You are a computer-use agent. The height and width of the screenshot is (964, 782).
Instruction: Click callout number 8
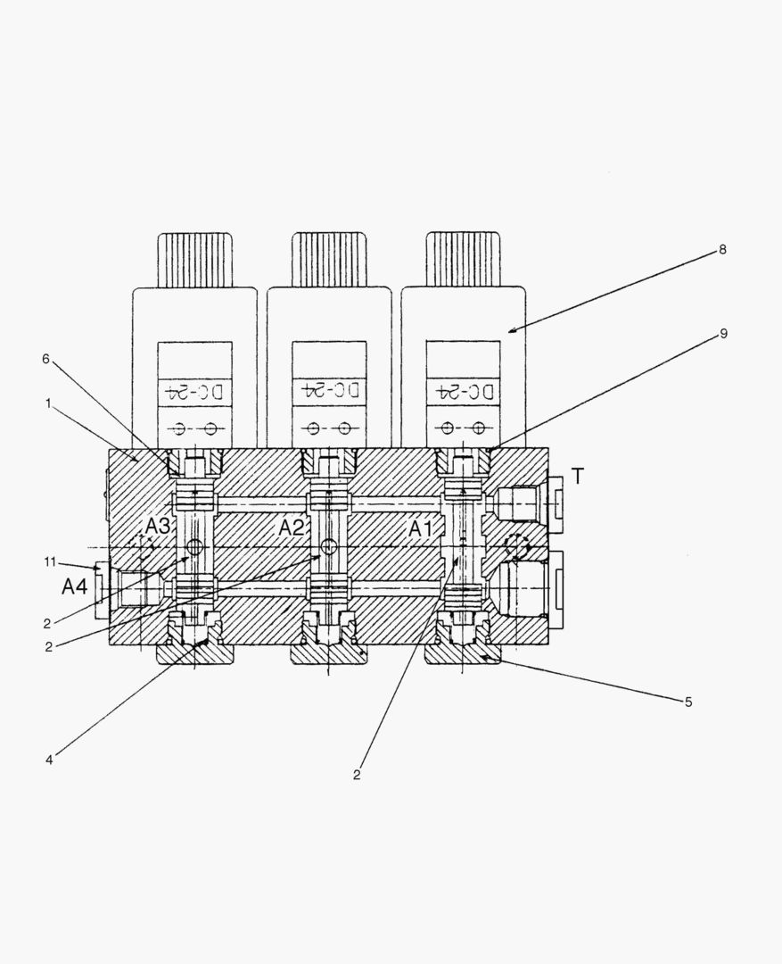722,250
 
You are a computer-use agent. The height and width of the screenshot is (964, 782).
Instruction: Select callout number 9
723,334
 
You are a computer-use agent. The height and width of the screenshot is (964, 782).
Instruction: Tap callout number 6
46,359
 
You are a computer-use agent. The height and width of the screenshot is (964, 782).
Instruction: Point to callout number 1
46,403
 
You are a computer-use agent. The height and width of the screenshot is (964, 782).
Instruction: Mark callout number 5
687,702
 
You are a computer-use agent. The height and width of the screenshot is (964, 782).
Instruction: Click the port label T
577,477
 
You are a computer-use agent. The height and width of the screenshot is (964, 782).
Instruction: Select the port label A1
421,529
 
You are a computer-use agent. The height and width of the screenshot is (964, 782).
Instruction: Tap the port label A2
292,528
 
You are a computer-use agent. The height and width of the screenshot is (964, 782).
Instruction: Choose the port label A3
158,526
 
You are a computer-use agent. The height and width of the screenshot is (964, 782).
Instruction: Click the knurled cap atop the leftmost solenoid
195,260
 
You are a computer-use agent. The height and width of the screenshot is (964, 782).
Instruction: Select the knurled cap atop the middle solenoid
329,260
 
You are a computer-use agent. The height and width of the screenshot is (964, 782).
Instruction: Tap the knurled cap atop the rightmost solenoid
463,260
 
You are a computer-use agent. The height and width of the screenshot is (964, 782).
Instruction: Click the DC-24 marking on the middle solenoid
329,390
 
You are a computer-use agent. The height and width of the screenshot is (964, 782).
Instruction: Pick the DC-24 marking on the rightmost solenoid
463,390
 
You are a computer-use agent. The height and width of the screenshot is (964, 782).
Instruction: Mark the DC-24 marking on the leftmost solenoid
194,390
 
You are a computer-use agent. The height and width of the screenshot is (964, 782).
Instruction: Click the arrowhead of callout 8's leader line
511,331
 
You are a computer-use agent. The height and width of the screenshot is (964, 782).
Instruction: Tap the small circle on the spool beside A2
329,546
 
